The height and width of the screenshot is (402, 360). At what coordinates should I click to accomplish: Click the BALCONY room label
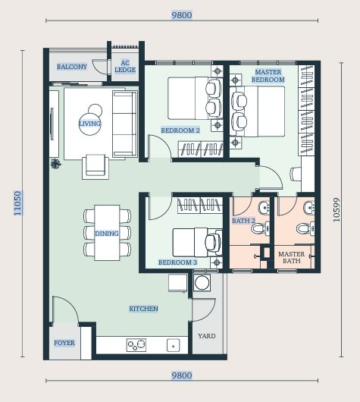(72, 67)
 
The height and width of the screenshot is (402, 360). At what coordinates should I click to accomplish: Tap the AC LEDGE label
(125, 67)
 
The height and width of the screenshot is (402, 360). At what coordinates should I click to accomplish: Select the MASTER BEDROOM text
(268, 76)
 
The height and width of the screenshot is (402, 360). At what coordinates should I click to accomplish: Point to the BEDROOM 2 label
(180, 130)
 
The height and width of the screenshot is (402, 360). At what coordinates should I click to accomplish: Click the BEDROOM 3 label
(177, 262)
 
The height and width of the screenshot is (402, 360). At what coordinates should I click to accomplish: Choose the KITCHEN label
(143, 309)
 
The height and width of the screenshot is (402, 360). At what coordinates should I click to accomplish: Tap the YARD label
(207, 336)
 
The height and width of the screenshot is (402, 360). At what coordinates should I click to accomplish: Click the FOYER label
(64, 343)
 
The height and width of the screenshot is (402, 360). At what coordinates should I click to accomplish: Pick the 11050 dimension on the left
(17, 203)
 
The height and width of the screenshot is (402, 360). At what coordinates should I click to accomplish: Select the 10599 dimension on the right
(337, 209)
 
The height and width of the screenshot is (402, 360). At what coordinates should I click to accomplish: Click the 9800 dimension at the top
(182, 15)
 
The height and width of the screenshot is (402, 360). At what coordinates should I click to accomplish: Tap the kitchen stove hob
(136, 345)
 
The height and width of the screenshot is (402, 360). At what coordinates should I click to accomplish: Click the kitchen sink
(174, 345)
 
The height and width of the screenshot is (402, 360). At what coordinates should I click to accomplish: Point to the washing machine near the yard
(202, 282)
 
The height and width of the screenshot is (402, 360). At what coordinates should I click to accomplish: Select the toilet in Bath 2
(260, 228)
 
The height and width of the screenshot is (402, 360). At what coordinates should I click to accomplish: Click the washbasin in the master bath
(309, 207)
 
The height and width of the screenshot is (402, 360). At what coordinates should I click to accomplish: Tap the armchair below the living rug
(95, 166)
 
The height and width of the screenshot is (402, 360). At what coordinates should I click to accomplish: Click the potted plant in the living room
(55, 164)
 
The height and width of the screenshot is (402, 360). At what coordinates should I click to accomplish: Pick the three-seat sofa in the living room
(125, 124)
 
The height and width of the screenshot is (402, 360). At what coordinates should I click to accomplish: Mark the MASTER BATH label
(292, 258)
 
